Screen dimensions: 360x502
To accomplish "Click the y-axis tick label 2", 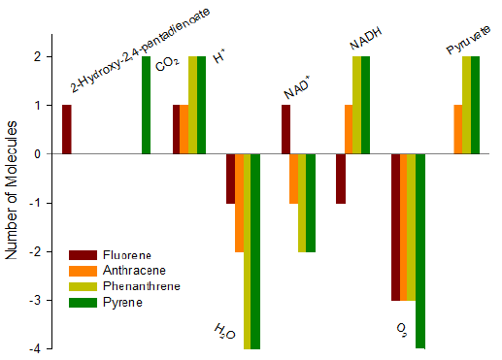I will coord(40,56).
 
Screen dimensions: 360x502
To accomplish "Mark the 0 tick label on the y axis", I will coord(40,153).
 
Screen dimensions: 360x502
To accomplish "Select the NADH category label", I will coord(366,39).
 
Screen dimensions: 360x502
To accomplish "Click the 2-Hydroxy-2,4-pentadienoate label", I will coord(141,49).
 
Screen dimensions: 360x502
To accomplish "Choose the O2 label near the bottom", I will coord(401,330).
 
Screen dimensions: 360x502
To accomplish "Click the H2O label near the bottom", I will coord(224,333).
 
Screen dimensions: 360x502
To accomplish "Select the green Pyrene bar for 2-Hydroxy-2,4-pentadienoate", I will coord(147,105).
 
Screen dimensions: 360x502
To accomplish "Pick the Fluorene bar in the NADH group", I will coord(341,179).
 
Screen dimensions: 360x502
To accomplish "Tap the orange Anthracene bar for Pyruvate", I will coord(458,129).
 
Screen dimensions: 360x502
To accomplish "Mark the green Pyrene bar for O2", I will coord(420,250).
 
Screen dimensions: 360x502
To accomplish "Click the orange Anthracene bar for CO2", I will coord(184,129).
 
